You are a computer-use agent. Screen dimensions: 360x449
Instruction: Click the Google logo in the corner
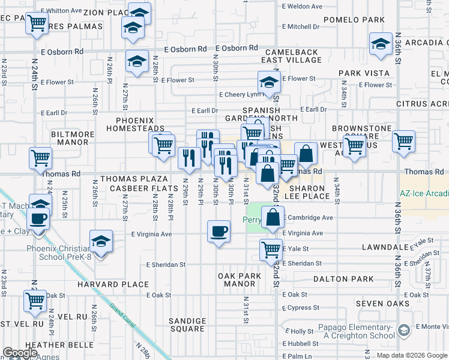(x=19, y=353)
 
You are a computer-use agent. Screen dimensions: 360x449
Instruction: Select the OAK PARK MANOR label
(x=240, y=280)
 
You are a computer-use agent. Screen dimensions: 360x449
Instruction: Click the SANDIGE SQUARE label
(x=187, y=325)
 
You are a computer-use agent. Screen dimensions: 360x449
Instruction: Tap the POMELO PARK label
(x=353, y=20)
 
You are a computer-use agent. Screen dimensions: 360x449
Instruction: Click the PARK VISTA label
(x=364, y=73)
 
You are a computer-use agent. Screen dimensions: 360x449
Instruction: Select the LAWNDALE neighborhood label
(x=385, y=247)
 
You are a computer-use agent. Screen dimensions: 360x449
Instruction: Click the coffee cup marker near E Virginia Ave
(x=218, y=231)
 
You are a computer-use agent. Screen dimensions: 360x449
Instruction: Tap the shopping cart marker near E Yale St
(x=271, y=249)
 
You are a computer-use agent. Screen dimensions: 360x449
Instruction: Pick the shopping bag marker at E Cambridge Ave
(x=273, y=218)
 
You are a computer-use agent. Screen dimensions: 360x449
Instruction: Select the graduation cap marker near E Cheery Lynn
(x=269, y=83)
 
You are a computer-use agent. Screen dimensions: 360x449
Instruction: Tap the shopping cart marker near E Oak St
(x=35, y=301)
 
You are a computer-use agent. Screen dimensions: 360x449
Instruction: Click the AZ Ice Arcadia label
(x=424, y=194)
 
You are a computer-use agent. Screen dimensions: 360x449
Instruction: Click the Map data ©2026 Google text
(x=411, y=355)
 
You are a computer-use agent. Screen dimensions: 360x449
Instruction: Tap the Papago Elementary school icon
(x=405, y=329)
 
